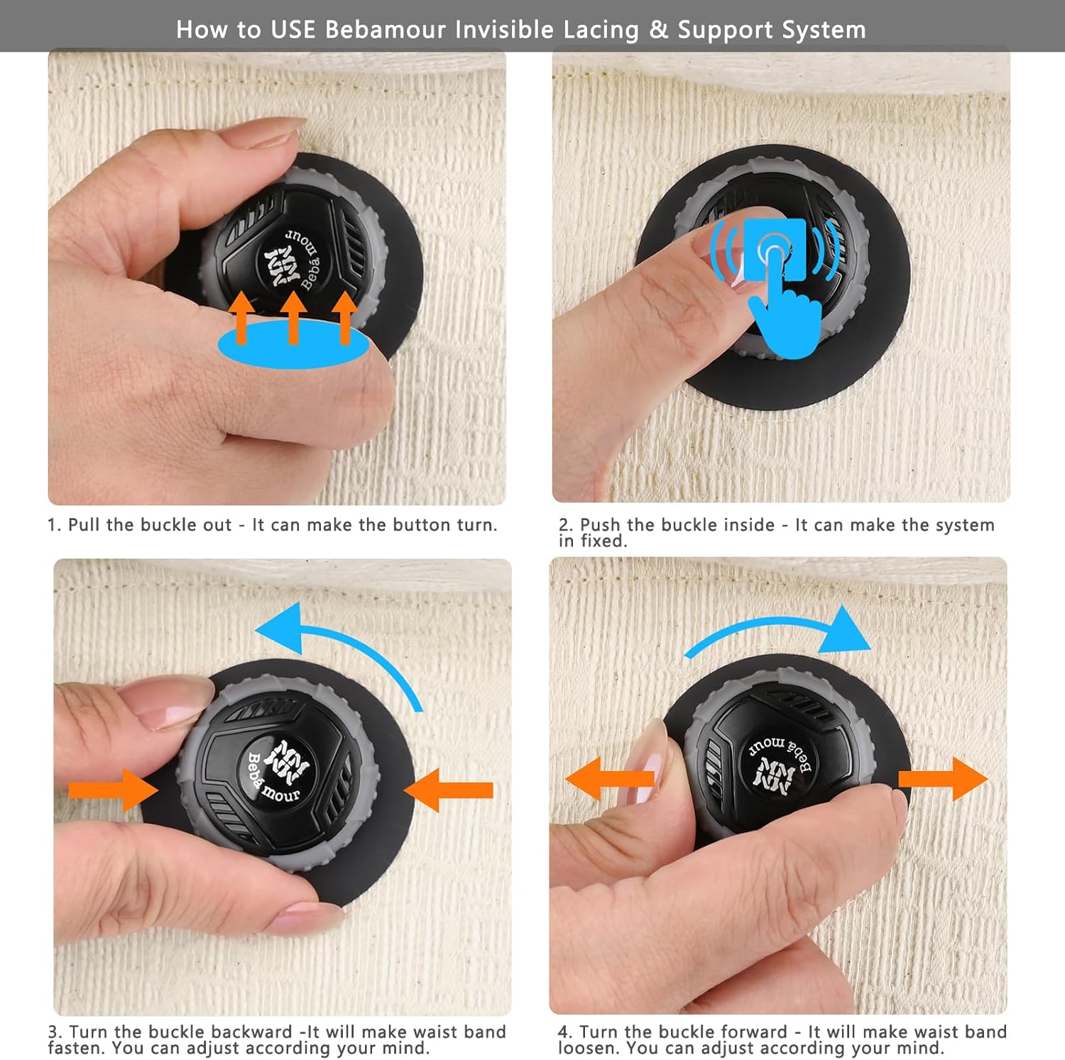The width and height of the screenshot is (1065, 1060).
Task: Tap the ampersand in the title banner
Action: pos(659,30)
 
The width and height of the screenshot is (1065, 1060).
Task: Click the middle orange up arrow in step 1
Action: pos(293,318)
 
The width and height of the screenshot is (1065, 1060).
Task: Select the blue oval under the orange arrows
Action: pos(293,343)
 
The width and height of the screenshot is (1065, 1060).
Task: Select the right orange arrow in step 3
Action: pos(448,790)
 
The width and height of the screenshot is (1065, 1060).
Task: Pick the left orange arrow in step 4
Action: pos(609,778)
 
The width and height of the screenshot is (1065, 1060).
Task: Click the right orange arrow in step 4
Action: pos(943,778)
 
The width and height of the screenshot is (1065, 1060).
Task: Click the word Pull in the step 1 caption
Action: pos(84,525)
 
